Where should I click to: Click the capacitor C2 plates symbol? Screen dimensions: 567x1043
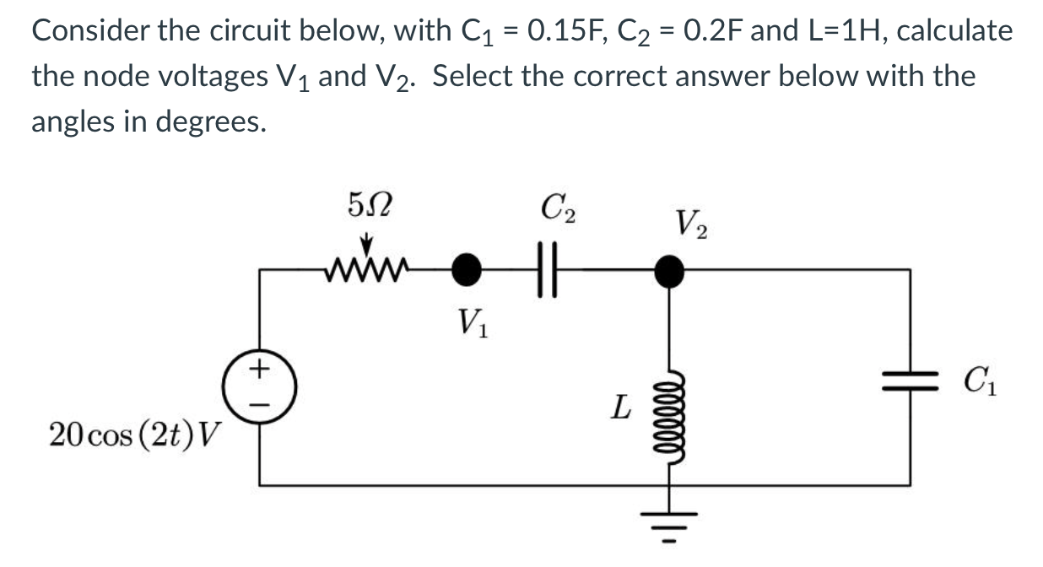[x=552, y=271]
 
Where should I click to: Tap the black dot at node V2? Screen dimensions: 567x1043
[x=670, y=271]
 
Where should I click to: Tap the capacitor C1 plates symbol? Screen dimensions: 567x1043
[x=910, y=376]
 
